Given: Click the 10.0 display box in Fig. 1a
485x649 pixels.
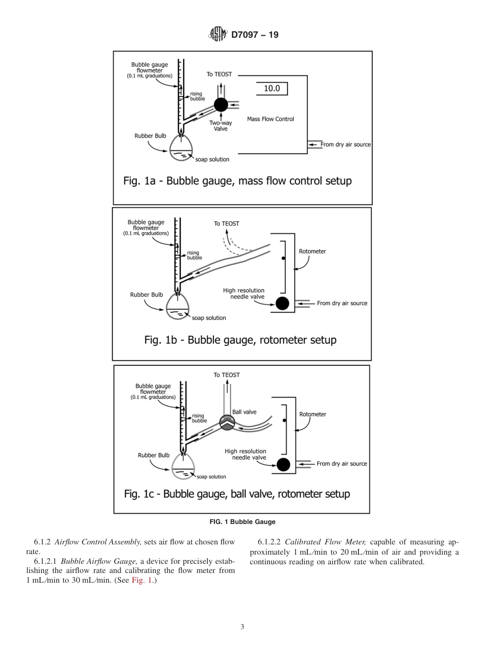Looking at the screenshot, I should (272, 88).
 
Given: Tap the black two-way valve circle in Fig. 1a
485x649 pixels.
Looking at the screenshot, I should (221, 105).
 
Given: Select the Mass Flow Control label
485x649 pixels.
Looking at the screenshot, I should (270, 119).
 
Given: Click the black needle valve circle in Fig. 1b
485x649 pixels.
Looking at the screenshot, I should (282, 304).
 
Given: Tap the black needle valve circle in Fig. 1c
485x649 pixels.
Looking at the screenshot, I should (283, 464).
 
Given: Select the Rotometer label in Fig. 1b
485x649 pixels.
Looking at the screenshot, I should (312, 251).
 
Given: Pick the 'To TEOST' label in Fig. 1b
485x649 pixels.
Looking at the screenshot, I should (226, 223).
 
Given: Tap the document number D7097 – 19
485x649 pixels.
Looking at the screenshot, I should (255, 35).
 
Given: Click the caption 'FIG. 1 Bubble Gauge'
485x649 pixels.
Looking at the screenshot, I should (243, 521).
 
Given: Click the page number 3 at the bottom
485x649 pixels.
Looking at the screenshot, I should (242, 627).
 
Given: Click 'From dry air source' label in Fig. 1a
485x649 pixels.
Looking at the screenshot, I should (345, 144).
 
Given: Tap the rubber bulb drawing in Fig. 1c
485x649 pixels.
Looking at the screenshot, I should (183, 465).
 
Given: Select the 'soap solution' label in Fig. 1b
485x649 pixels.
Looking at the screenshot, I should (209, 318).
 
